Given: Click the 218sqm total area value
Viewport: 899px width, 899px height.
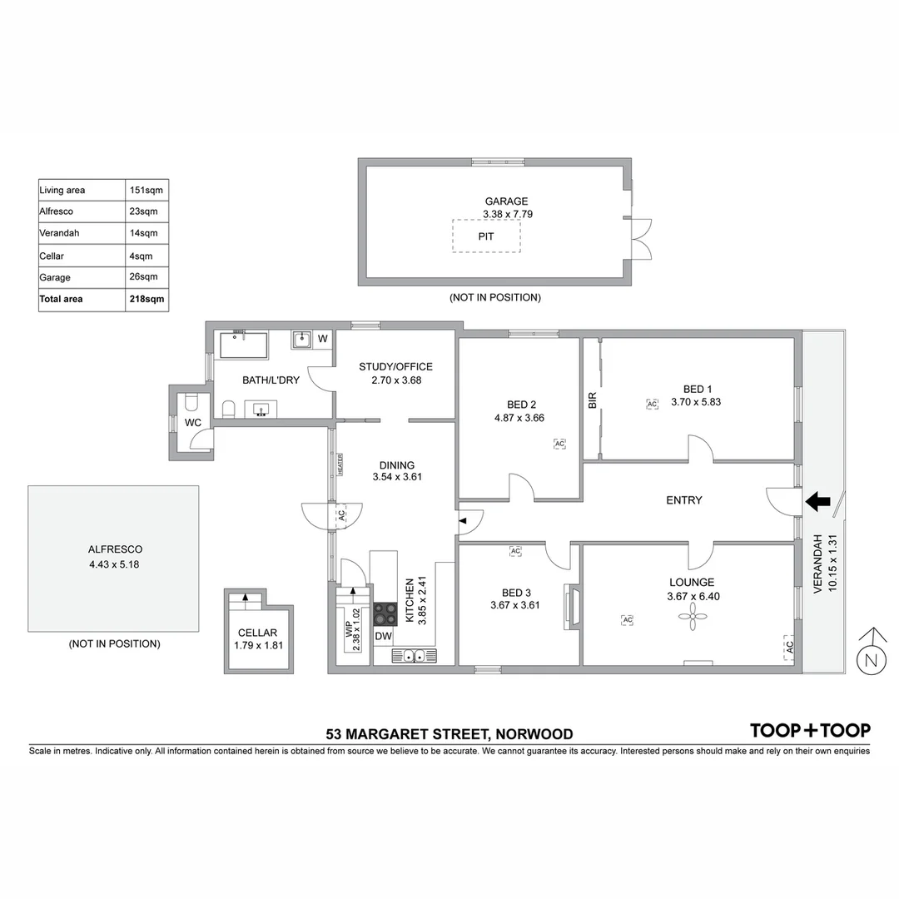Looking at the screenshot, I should click(x=147, y=299).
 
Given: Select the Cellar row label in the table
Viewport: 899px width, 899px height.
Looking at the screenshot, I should click(x=52, y=256).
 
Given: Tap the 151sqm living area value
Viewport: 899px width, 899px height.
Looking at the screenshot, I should click(x=147, y=190).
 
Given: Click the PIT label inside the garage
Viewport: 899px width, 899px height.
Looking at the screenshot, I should click(x=486, y=236).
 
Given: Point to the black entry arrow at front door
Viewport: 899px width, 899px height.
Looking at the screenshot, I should click(x=818, y=500).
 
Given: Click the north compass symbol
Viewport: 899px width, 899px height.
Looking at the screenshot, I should click(x=871, y=660).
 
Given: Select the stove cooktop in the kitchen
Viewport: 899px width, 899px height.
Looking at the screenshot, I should click(x=384, y=614).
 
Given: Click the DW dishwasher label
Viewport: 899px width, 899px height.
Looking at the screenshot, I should click(x=383, y=637).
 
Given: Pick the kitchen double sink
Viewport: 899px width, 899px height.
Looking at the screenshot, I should click(x=414, y=656).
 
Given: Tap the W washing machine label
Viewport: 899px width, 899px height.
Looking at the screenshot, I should click(x=323, y=339).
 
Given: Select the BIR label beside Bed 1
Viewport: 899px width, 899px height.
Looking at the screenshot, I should click(x=593, y=400).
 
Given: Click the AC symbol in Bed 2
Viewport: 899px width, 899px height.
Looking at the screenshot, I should click(x=559, y=444).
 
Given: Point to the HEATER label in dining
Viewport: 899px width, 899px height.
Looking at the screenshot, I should click(x=340, y=464).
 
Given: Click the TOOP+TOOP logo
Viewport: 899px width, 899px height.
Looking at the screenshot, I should click(x=810, y=730).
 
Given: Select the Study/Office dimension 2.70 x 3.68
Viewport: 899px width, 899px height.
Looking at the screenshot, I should click(x=395, y=380).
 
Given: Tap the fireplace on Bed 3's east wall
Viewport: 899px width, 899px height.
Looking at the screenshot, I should click(x=571, y=604).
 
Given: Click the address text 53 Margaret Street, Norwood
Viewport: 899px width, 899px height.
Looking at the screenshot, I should click(x=449, y=734).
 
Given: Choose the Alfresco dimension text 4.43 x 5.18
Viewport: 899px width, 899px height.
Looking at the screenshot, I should click(x=115, y=564).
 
